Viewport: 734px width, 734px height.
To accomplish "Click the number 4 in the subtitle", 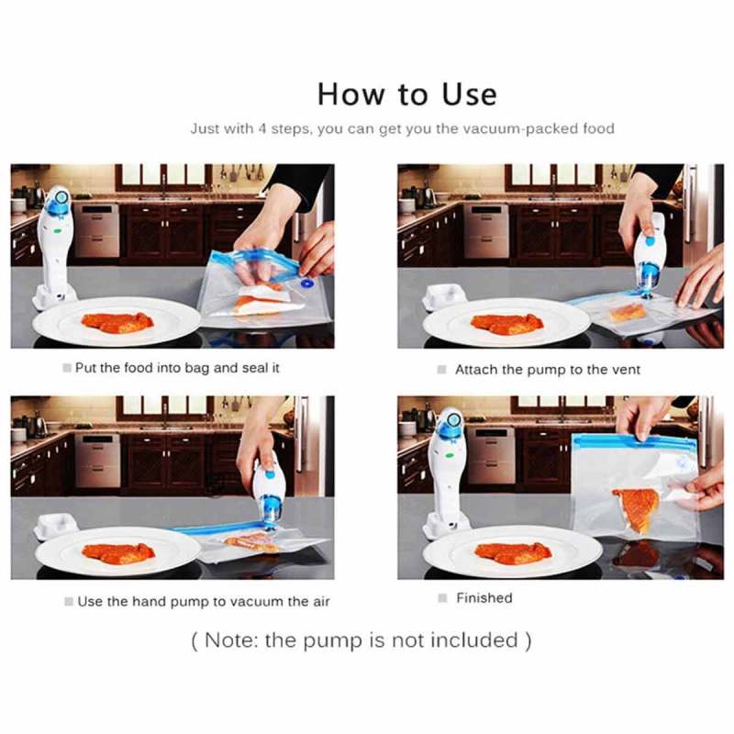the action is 262,128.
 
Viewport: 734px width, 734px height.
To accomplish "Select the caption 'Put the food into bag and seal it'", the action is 177,368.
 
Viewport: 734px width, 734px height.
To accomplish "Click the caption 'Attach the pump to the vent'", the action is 548,370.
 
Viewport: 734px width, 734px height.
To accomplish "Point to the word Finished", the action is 484,598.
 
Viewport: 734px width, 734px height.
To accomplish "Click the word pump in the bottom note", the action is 332,640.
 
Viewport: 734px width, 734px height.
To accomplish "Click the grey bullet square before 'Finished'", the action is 443,598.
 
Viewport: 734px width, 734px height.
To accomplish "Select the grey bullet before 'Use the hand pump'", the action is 69,602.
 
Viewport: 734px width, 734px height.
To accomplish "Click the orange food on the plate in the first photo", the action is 117,322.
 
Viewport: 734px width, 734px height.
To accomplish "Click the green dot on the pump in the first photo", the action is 58,231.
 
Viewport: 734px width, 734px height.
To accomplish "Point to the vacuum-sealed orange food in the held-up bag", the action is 636,509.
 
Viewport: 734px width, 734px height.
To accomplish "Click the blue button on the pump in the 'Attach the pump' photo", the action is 651,241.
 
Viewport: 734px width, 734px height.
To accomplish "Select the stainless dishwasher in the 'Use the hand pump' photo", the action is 97,460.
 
